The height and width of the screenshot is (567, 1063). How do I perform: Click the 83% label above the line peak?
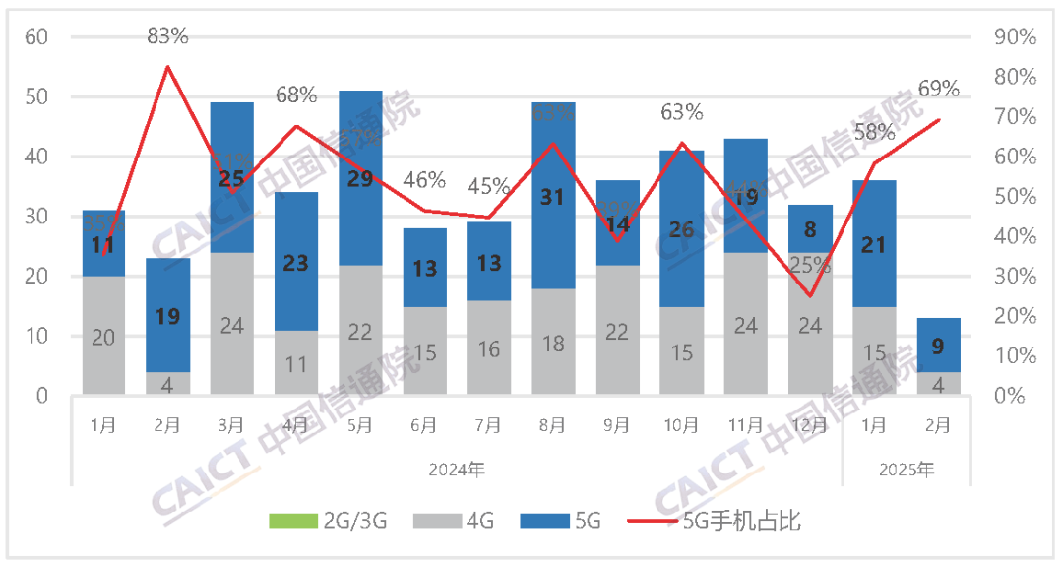[x=167, y=36]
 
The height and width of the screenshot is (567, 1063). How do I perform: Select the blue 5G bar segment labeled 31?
[x=553, y=196]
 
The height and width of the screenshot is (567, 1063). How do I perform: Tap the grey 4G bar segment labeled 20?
[x=104, y=336]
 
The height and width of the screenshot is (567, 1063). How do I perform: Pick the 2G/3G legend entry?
[x=329, y=521]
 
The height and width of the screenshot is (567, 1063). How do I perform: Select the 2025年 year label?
[x=907, y=470]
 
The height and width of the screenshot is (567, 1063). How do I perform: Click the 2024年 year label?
[x=457, y=470]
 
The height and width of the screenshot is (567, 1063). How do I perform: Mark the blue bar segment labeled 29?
[x=360, y=178]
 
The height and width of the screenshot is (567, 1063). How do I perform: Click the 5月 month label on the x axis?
[x=360, y=425]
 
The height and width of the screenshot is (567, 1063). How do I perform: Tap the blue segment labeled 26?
[x=681, y=228]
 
